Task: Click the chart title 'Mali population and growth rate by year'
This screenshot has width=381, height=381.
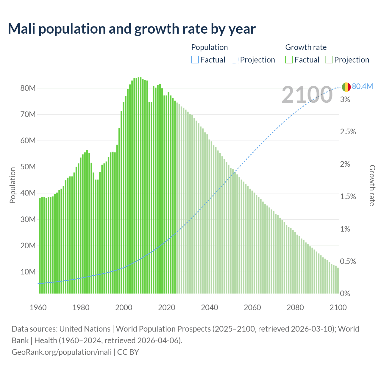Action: pyautogui.click(x=132, y=29)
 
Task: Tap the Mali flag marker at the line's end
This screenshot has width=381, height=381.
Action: pyautogui.click(x=346, y=87)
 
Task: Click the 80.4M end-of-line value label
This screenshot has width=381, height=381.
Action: pyautogui.click(x=362, y=86)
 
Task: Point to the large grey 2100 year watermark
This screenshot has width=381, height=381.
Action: pyautogui.click(x=307, y=95)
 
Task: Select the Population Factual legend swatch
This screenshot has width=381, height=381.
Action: pyautogui.click(x=195, y=60)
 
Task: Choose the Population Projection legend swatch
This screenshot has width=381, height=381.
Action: pyautogui.click(x=235, y=60)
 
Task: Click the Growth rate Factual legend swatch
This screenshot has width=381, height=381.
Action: pyautogui.click(x=289, y=60)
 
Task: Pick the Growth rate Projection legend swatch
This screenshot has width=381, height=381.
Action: pyautogui.click(x=329, y=60)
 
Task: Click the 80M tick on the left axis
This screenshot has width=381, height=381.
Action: pyautogui.click(x=28, y=88)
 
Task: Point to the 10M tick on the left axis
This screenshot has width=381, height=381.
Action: pyautogui.click(x=28, y=272)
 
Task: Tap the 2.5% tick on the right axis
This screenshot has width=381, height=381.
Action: pyautogui.click(x=348, y=132)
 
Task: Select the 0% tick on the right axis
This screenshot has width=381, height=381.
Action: pyautogui.click(x=345, y=294)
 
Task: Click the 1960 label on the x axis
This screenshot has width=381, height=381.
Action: pyautogui.click(x=38, y=307)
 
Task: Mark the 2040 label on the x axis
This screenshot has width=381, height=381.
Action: pyautogui.click(x=210, y=307)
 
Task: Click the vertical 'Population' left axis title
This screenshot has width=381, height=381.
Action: pyautogui.click(x=13, y=185)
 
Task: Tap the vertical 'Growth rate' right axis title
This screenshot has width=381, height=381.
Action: pyautogui.click(x=372, y=185)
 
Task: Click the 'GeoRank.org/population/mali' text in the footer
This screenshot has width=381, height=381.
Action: pyautogui.click(x=62, y=352)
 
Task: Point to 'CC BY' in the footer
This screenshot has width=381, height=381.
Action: pyautogui.click(x=128, y=352)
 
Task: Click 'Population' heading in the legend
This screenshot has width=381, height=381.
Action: pyautogui.click(x=209, y=47)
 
